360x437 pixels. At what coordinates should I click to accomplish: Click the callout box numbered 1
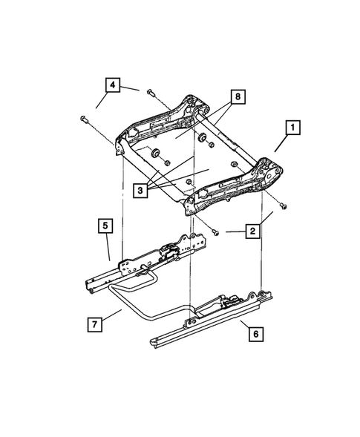(x=294, y=128)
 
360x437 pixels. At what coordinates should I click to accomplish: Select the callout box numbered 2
(x=253, y=231)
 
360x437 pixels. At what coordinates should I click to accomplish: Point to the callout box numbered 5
(x=105, y=224)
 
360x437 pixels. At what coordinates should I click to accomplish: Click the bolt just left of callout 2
(x=215, y=231)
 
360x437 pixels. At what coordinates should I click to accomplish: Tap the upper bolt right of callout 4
(x=150, y=92)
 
